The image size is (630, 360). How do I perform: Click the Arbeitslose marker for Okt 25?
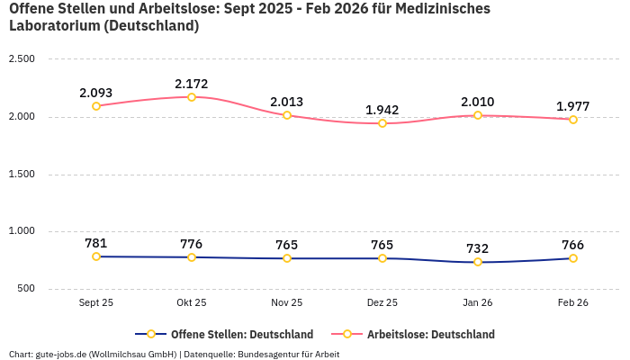coord(192,96)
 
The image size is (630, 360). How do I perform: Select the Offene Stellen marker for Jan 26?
coord(478,262)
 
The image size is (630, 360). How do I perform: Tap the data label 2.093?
coord(95,93)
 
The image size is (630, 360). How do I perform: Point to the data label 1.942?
coord(382,110)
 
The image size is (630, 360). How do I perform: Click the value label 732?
coord(477,248)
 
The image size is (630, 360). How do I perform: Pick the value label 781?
coord(95,243)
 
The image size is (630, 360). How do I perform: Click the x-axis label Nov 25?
coord(287,303)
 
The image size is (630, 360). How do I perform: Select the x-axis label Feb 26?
coord(572,303)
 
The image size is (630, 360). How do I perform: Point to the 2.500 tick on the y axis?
coord(21,59)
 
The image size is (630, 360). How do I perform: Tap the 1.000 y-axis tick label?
coord(21,231)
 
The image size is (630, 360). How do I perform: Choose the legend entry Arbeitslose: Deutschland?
coord(430,334)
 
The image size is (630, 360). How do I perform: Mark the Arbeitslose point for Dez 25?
coord(382,123)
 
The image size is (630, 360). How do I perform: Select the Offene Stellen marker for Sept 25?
coord(96,256)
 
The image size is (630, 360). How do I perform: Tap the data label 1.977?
coord(572,106)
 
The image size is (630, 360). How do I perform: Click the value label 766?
coord(572,245)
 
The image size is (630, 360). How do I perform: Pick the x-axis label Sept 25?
coord(96,303)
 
